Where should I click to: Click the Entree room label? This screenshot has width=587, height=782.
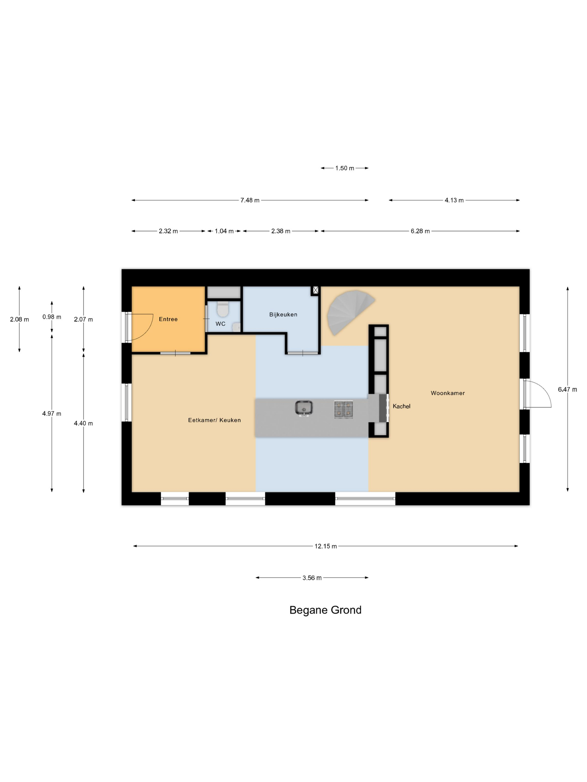coord(168,319)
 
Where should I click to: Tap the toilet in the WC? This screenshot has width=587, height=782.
coord(223,309)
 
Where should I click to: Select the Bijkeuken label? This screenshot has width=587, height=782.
coord(283,314)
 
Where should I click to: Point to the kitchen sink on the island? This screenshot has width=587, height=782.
coord(304,408)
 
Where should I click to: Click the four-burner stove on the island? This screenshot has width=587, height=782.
coord(344,409)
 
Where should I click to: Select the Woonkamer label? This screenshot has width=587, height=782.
coord(448,393)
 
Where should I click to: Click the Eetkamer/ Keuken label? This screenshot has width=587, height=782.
coord(214,420)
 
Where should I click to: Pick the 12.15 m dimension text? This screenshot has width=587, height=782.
coord(326,546)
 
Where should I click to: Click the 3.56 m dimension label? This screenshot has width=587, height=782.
coord(312,578)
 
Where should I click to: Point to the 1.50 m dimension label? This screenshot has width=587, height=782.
coord(345,168)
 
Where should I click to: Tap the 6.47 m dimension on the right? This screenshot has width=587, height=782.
coord(567,389)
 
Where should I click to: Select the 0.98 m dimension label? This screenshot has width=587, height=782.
coord(52,317)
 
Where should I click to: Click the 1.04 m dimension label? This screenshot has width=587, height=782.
coord(224,231)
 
